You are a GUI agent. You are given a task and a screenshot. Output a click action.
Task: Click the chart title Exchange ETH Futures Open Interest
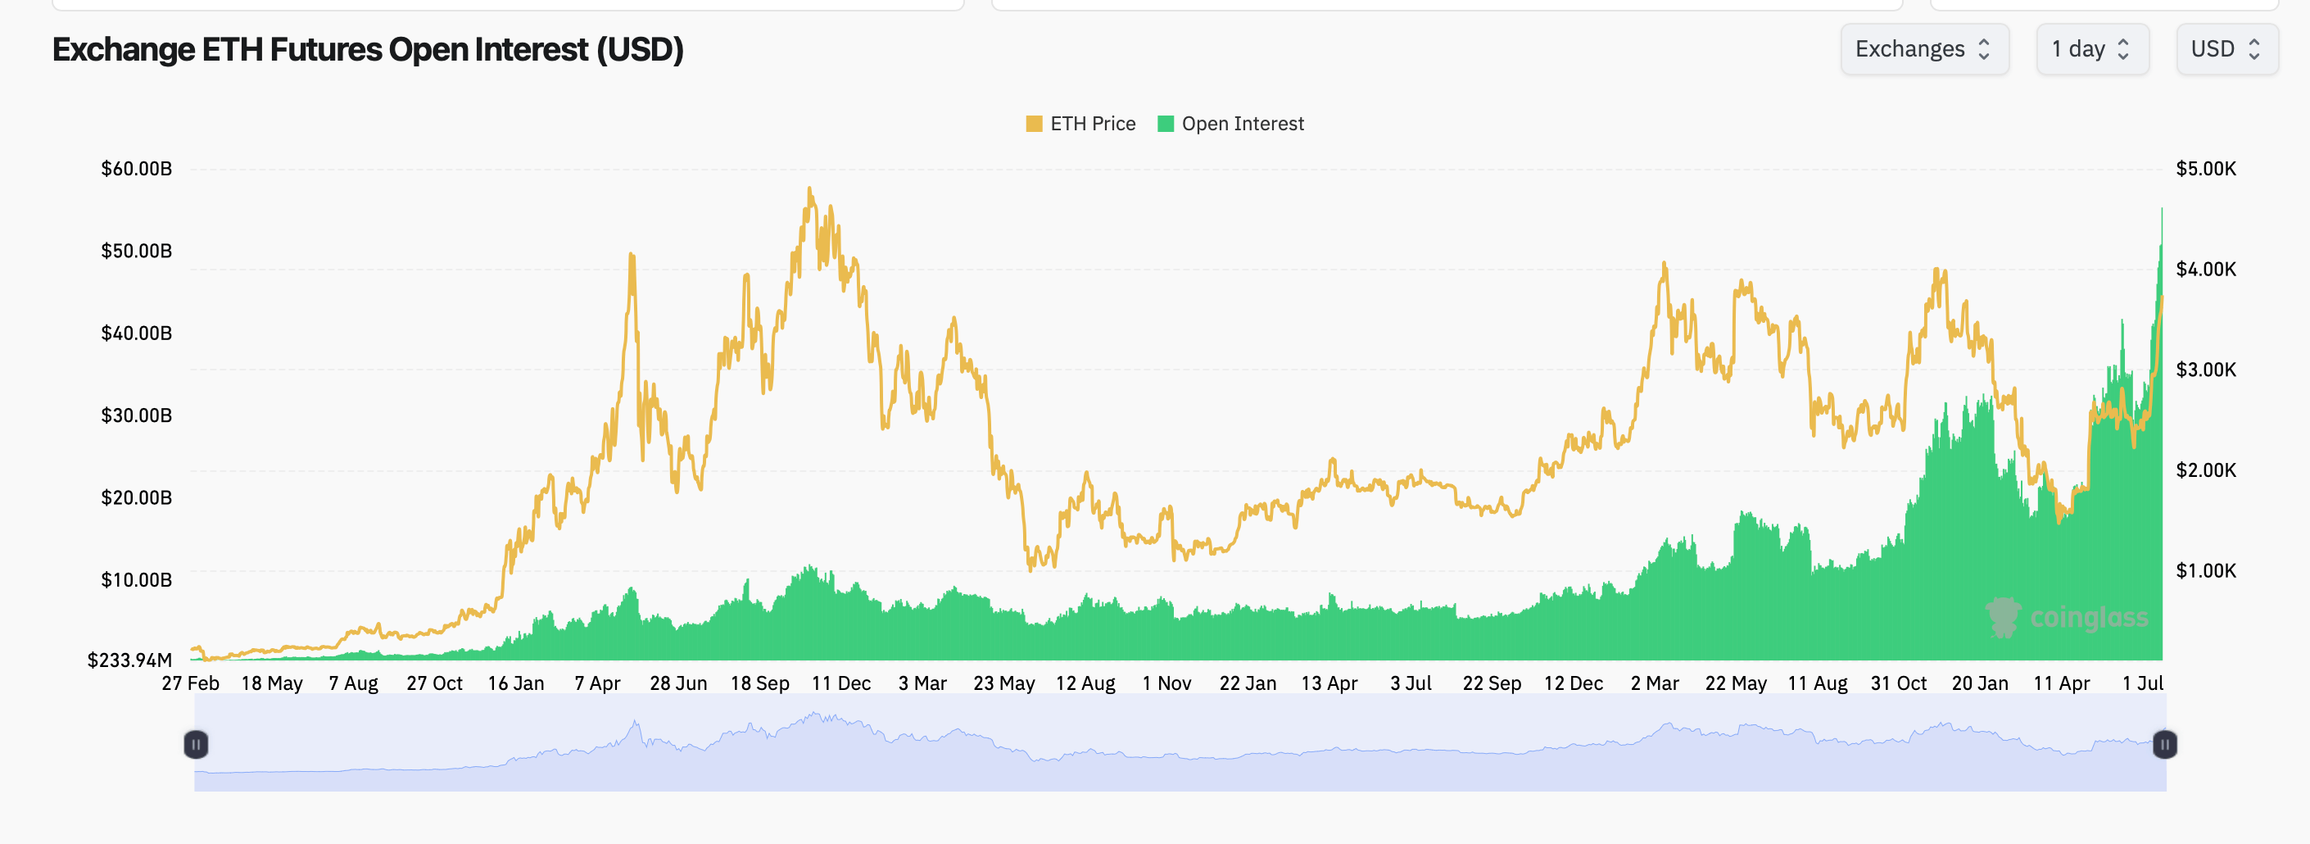pyautogui.click(x=368, y=49)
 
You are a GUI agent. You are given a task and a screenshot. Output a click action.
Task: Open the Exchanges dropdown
pyautogui.click(x=1923, y=49)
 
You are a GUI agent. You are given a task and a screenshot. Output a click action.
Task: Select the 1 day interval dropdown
pyautogui.click(x=2091, y=49)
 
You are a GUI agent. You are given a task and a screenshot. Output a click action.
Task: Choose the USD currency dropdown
pyautogui.click(x=2226, y=49)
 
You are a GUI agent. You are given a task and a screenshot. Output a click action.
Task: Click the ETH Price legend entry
pyautogui.click(x=1080, y=124)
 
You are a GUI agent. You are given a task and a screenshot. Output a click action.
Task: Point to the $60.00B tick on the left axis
pyautogui.click(x=136, y=169)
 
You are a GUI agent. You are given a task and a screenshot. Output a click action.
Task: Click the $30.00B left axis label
pyautogui.click(x=136, y=415)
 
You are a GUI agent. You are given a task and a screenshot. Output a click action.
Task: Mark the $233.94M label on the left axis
pyautogui.click(x=130, y=660)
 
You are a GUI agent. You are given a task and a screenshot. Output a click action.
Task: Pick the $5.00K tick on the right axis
pyautogui.click(x=2205, y=169)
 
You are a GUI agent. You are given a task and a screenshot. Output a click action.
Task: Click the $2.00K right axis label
pyautogui.click(x=2205, y=470)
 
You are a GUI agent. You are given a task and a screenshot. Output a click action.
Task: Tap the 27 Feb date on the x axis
pyautogui.click(x=190, y=683)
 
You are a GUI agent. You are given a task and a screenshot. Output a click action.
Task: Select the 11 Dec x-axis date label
pyautogui.click(x=840, y=683)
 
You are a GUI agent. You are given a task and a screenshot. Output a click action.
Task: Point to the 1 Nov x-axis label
pyautogui.click(x=1166, y=683)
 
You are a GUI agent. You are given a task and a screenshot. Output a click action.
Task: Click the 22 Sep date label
pyautogui.click(x=1492, y=683)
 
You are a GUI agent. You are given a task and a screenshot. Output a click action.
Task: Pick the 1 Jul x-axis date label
pyautogui.click(x=2142, y=683)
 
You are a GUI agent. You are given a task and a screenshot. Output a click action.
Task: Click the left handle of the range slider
pyautogui.click(x=196, y=745)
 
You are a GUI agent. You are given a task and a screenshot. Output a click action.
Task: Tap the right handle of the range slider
pyautogui.click(x=2165, y=745)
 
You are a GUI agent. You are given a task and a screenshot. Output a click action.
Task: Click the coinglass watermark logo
pyautogui.click(x=2066, y=618)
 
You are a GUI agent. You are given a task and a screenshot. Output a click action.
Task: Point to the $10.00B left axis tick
pyautogui.click(x=136, y=580)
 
